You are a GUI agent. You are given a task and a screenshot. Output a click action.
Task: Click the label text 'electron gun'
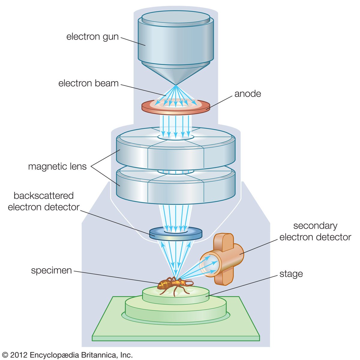(x=92, y=37)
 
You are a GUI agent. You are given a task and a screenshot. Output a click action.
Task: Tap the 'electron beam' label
(x=88, y=83)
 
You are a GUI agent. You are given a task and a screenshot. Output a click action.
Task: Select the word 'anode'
(x=247, y=94)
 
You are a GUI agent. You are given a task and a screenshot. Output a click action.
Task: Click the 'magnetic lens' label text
(x=57, y=166)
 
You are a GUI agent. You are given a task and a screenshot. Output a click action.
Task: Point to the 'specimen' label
(x=52, y=270)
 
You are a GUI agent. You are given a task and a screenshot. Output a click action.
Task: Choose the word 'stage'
(x=291, y=274)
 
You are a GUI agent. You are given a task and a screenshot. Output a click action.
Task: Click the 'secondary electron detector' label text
(x=315, y=231)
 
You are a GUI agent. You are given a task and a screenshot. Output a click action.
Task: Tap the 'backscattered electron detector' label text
(x=43, y=201)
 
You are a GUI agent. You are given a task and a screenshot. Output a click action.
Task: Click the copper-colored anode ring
(x=205, y=107)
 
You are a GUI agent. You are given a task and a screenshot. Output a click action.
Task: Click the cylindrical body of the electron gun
(x=175, y=42)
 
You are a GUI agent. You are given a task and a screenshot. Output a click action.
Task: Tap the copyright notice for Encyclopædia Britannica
(x=67, y=355)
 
